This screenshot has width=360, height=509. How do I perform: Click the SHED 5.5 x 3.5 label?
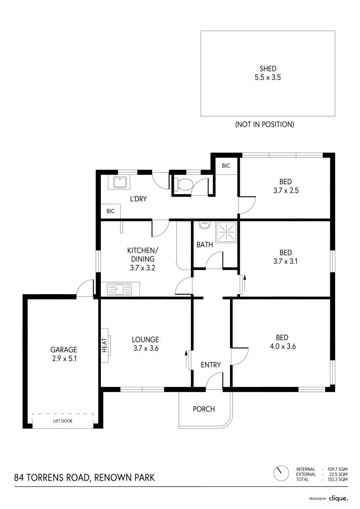(268, 73)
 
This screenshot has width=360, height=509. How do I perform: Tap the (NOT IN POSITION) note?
(264, 124)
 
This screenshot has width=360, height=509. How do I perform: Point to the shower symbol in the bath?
(226, 232)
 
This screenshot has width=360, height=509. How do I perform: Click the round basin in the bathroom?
(204, 225)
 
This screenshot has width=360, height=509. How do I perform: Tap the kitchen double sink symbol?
(120, 289)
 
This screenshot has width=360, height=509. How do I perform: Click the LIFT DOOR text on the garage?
(63, 421)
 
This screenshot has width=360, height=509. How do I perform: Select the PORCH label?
(204, 409)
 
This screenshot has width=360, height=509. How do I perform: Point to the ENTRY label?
(211, 364)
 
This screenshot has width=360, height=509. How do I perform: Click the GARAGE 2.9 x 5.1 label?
(64, 353)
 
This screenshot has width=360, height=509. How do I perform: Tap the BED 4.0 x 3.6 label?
(282, 342)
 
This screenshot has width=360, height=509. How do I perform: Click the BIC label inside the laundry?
(111, 212)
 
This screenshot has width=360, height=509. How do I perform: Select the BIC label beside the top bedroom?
(226, 166)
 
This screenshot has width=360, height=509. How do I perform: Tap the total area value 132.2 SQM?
(337, 479)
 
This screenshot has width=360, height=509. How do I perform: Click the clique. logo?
(338, 498)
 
